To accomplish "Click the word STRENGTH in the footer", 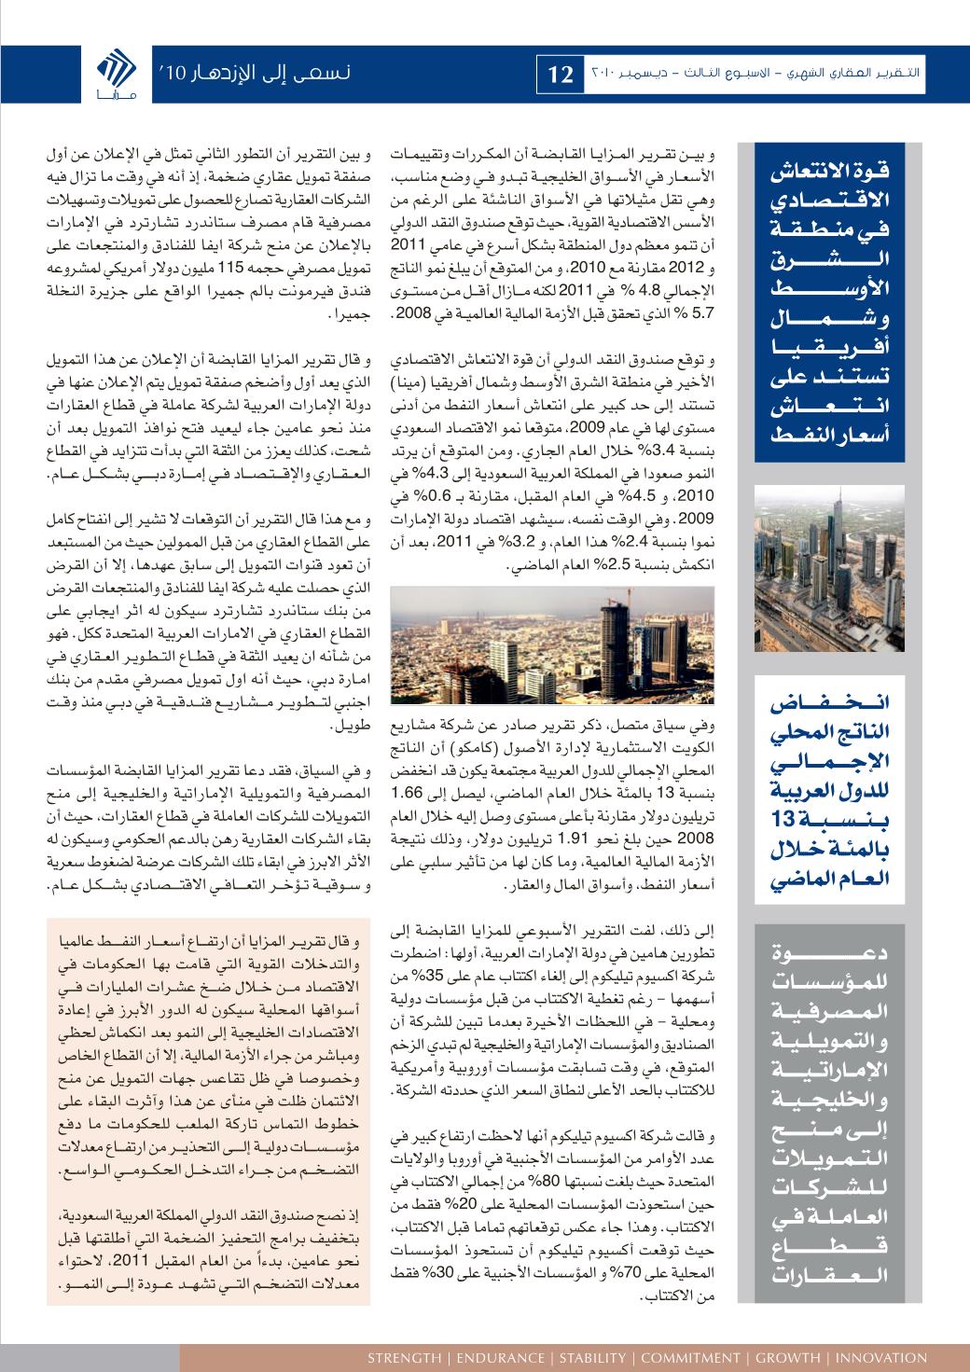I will (x=404, y=1358).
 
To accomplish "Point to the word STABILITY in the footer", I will (x=584, y=1358).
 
